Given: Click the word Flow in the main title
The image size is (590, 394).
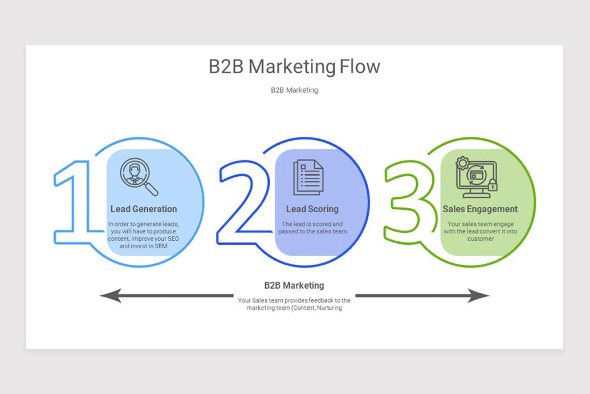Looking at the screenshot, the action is [x=360, y=66].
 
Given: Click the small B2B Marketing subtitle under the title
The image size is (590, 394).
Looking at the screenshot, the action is [x=295, y=90].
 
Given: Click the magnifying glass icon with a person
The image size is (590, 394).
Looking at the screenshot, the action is [x=139, y=177].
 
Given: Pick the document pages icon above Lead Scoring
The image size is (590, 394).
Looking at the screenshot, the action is [x=308, y=177].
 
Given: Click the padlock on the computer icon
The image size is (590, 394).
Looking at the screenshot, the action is [x=493, y=185].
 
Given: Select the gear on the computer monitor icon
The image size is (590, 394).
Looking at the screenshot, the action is [x=463, y=163].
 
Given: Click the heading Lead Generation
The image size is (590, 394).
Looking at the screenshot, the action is [x=144, y=209].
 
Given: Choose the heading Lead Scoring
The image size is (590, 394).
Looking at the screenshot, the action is [x=312, y=209].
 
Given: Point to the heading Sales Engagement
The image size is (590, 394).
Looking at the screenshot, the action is [x=480, y=209].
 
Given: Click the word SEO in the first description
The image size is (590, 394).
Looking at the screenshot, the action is [x=173, y=238].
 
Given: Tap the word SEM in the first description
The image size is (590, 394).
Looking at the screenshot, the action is [x=161, y=246].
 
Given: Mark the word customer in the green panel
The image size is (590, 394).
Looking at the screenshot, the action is [x=481, y=239].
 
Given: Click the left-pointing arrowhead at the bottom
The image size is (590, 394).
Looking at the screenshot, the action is [x=111, y=295].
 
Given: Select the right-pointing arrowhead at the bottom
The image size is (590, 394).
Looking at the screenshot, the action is [x=478, y=295].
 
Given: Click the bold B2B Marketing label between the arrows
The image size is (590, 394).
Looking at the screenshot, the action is [x=294, y=285].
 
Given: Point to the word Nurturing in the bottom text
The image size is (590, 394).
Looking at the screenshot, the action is [x=329, y=308].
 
